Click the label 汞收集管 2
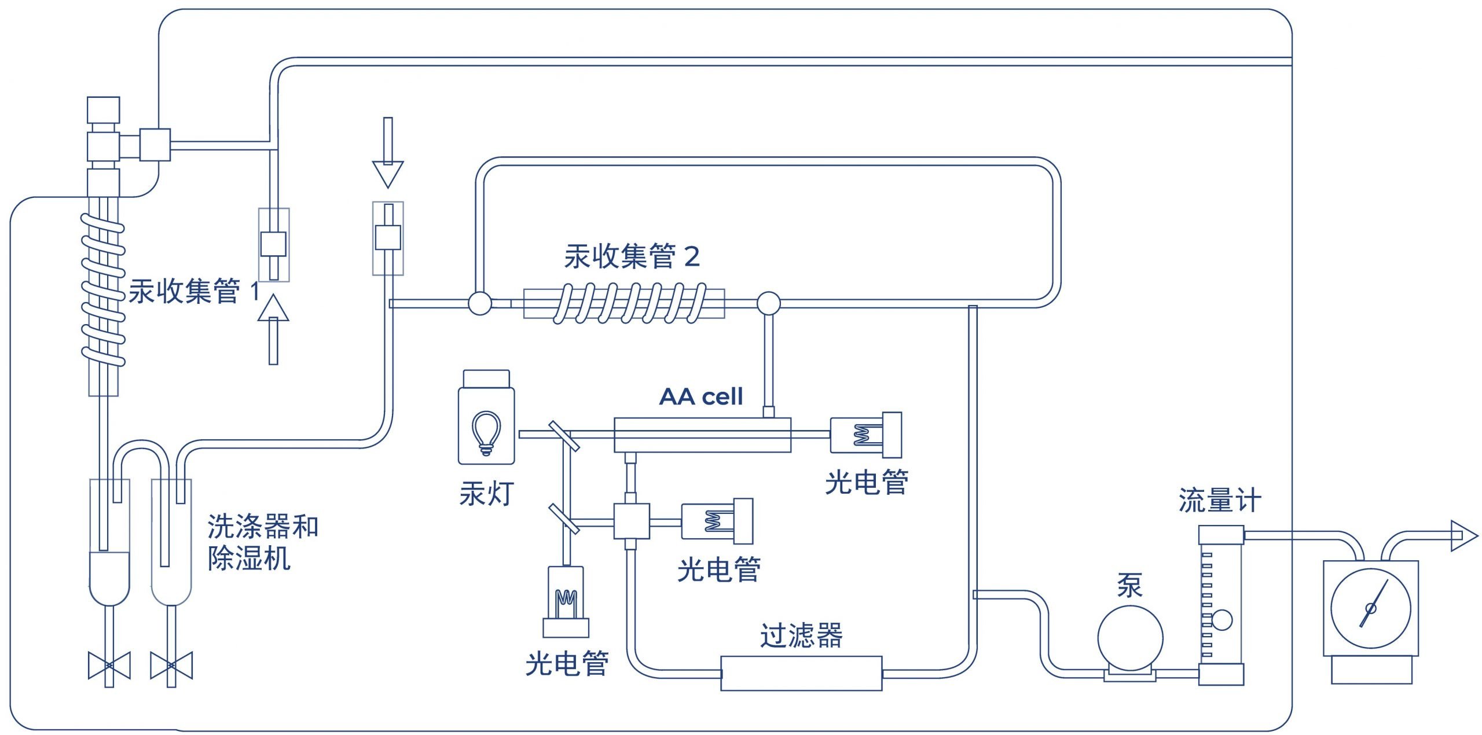(x=632, y=256)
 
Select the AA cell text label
(x=700, y=397)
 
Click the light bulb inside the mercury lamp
(x=486, y=432)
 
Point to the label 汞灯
(x=486, y=494)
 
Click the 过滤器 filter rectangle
(x=801, y=673)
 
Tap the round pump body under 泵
(x=1130, y=638)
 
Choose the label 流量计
(x=1219, y=500)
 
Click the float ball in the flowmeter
(x=1221, y=620)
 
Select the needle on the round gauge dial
(x=1373, y=605)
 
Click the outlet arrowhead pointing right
(x=1463, y=536)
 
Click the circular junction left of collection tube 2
(x=480, y=303)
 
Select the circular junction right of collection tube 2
(x=769, y=303)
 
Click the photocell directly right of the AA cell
(x=866, y=434)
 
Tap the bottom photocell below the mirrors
(x=566, y=602)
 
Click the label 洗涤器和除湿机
(x=262, y=542)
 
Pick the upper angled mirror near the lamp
(x=563, y=436)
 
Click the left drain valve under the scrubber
(x=109, y=666)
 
